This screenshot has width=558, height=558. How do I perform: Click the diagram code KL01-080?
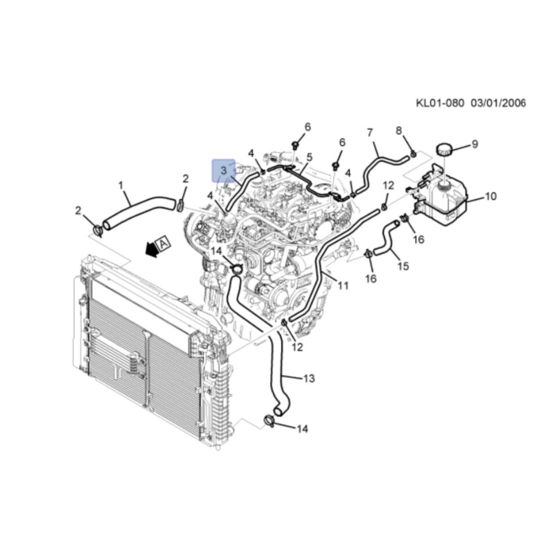click(x=440, y=103)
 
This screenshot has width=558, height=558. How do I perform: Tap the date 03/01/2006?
click(x=498, y=103)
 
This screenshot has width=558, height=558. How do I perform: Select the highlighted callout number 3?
click(x=223, y=170)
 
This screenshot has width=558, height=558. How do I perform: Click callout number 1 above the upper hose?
click(x=121, y=185)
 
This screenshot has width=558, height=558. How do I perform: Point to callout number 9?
click(x=475, y=144)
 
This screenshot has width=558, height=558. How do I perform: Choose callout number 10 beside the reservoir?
click(x=491, y=196)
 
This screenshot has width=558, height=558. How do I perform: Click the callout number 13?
click(x=309, y=378)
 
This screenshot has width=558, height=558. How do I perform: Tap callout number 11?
click(x=343, y=285)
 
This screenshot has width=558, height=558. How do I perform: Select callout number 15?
click(x=403, y=266)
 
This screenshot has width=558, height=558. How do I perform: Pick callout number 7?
click(x=370, y=133)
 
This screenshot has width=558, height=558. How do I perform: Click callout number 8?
click(x=399, y=131)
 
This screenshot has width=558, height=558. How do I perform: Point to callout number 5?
click(x=309, y=157)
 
